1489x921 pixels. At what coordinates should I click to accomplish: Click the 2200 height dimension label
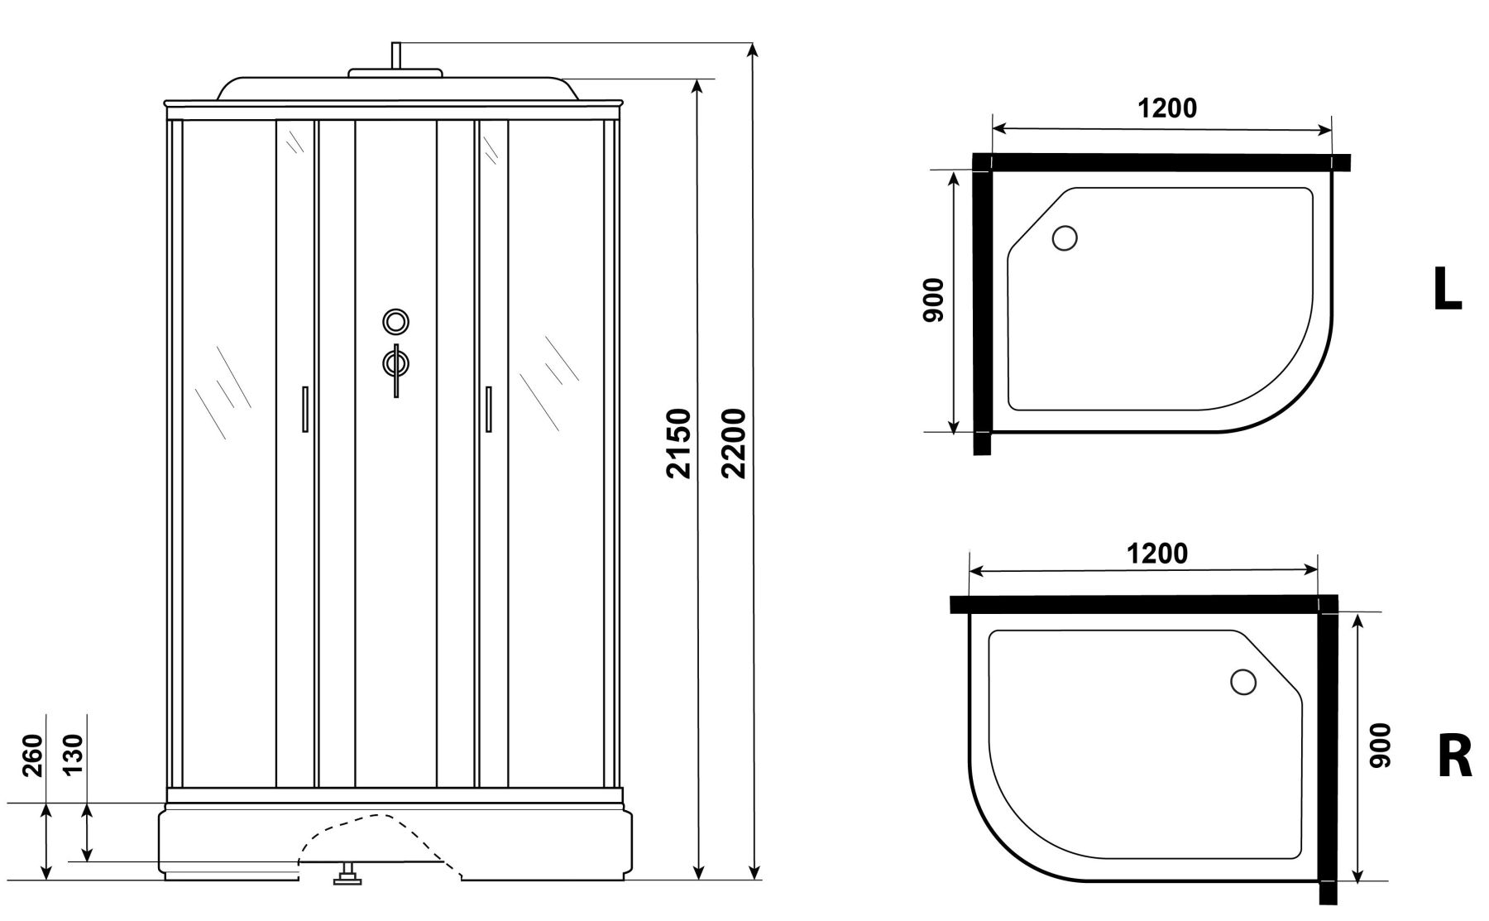click(x=735, y=443)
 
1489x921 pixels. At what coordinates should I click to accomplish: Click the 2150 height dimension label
click(x=679, y=443)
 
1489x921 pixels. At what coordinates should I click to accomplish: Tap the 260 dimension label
click(x=32, y=756)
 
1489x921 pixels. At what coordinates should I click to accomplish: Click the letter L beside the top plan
click(x=1447, y=290)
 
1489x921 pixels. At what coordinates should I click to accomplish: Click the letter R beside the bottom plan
click(x=1455, y=756)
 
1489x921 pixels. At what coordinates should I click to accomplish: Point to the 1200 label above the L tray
click(x=1167, y=108)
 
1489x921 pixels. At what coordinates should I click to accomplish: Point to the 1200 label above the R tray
click(x=1157, y=554)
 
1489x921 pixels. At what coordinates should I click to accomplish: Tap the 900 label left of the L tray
click(x=933, y=300)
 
